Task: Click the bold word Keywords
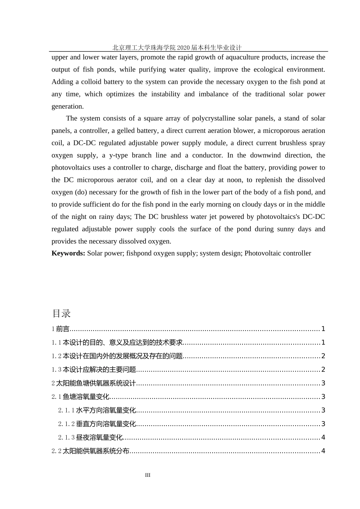point(68,253)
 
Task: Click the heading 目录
point(61,314)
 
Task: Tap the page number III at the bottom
point(148,475)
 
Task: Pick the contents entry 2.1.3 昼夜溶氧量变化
point(91,437)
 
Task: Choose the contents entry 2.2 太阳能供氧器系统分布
point(91,451)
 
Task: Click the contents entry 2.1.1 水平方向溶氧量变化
point(97,411)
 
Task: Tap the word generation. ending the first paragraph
point(67,106)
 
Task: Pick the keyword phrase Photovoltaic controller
point(277,253)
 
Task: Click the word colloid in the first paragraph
point(91,82)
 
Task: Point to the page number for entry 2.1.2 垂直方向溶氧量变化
point(323,424)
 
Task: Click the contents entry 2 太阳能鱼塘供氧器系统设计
point(94,383)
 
